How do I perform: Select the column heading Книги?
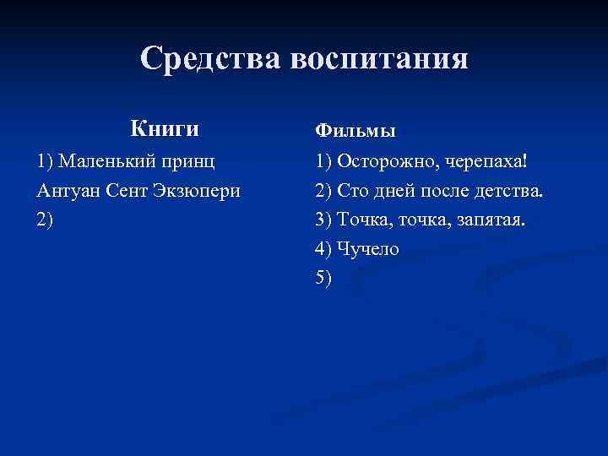[166, 129]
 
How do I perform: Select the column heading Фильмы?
[355, 132]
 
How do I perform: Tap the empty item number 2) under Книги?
[45, 220]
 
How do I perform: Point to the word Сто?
[355, 190]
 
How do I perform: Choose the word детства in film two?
[510, 190]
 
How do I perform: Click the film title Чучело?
[368, 249]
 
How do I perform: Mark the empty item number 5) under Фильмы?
[323, 279]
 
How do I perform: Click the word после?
[452, 191]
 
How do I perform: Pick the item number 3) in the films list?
[323, 220]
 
